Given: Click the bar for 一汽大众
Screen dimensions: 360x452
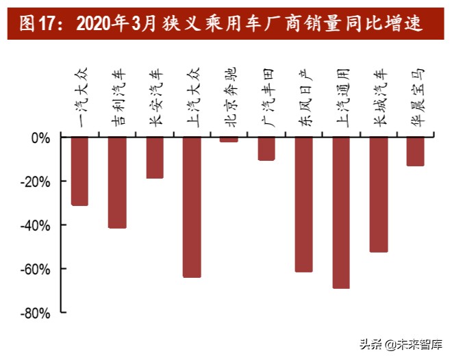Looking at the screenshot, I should pyautogui.click(x=79, y=171).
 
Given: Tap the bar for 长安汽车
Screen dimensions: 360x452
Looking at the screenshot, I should pyautogui.click(x=155, y=157).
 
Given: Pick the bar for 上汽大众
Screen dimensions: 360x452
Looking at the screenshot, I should pyautogui.click(x=192, y=207).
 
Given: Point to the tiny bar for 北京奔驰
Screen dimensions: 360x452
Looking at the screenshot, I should pyautogui.click(x=229, y=140).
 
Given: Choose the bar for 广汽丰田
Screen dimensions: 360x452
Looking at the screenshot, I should pyautogui.click(x=266, y=149).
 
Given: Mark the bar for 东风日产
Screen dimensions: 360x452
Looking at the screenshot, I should pyautogui.click(x=303, y=204).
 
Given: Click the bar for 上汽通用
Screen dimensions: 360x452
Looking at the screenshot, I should pyautogui.click(x=341, y=212).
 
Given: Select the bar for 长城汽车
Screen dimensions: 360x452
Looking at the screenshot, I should pyautogui.click(x=379, y=194).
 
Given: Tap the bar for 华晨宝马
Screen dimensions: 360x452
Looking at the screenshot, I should pyautogui.click(x=416, y=151).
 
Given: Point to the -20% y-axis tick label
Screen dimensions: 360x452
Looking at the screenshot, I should pyautogui.click(x=37, y=181).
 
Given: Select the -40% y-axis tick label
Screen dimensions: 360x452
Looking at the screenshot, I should pyautogui.click(x=37, y=225).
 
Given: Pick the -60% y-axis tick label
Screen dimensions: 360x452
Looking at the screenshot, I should pyautogui.click(x=37, y=269).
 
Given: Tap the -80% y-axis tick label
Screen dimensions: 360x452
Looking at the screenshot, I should pyautogui.click(x=37, y=313).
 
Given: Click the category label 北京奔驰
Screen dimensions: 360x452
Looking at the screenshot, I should pyautogui.click(x=230, y=96).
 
